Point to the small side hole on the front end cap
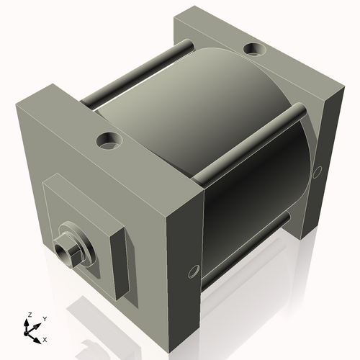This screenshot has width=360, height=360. pyautogui.click(x=192, y=271)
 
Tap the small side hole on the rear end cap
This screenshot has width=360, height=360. pyautogui.click(x=318, y=171)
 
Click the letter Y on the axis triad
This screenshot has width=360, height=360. pyautogui.click(x=44, y=318)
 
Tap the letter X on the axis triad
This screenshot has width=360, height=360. pyautogui.click(x=45, y=338)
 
